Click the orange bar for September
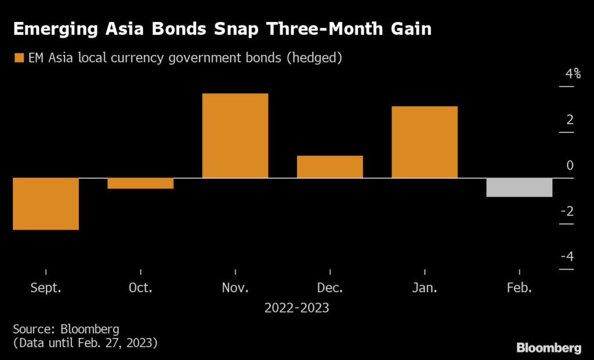point(45,203)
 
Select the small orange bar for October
point(140,183)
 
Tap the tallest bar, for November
point(235,136)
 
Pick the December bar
point(329,166)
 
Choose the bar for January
point(425,142)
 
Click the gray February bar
point(519,187)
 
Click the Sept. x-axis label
point(45,288)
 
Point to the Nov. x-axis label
point(235,288)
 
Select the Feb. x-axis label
point(519,288)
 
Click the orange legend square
point(19,58)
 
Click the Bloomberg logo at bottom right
point(549,348)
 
